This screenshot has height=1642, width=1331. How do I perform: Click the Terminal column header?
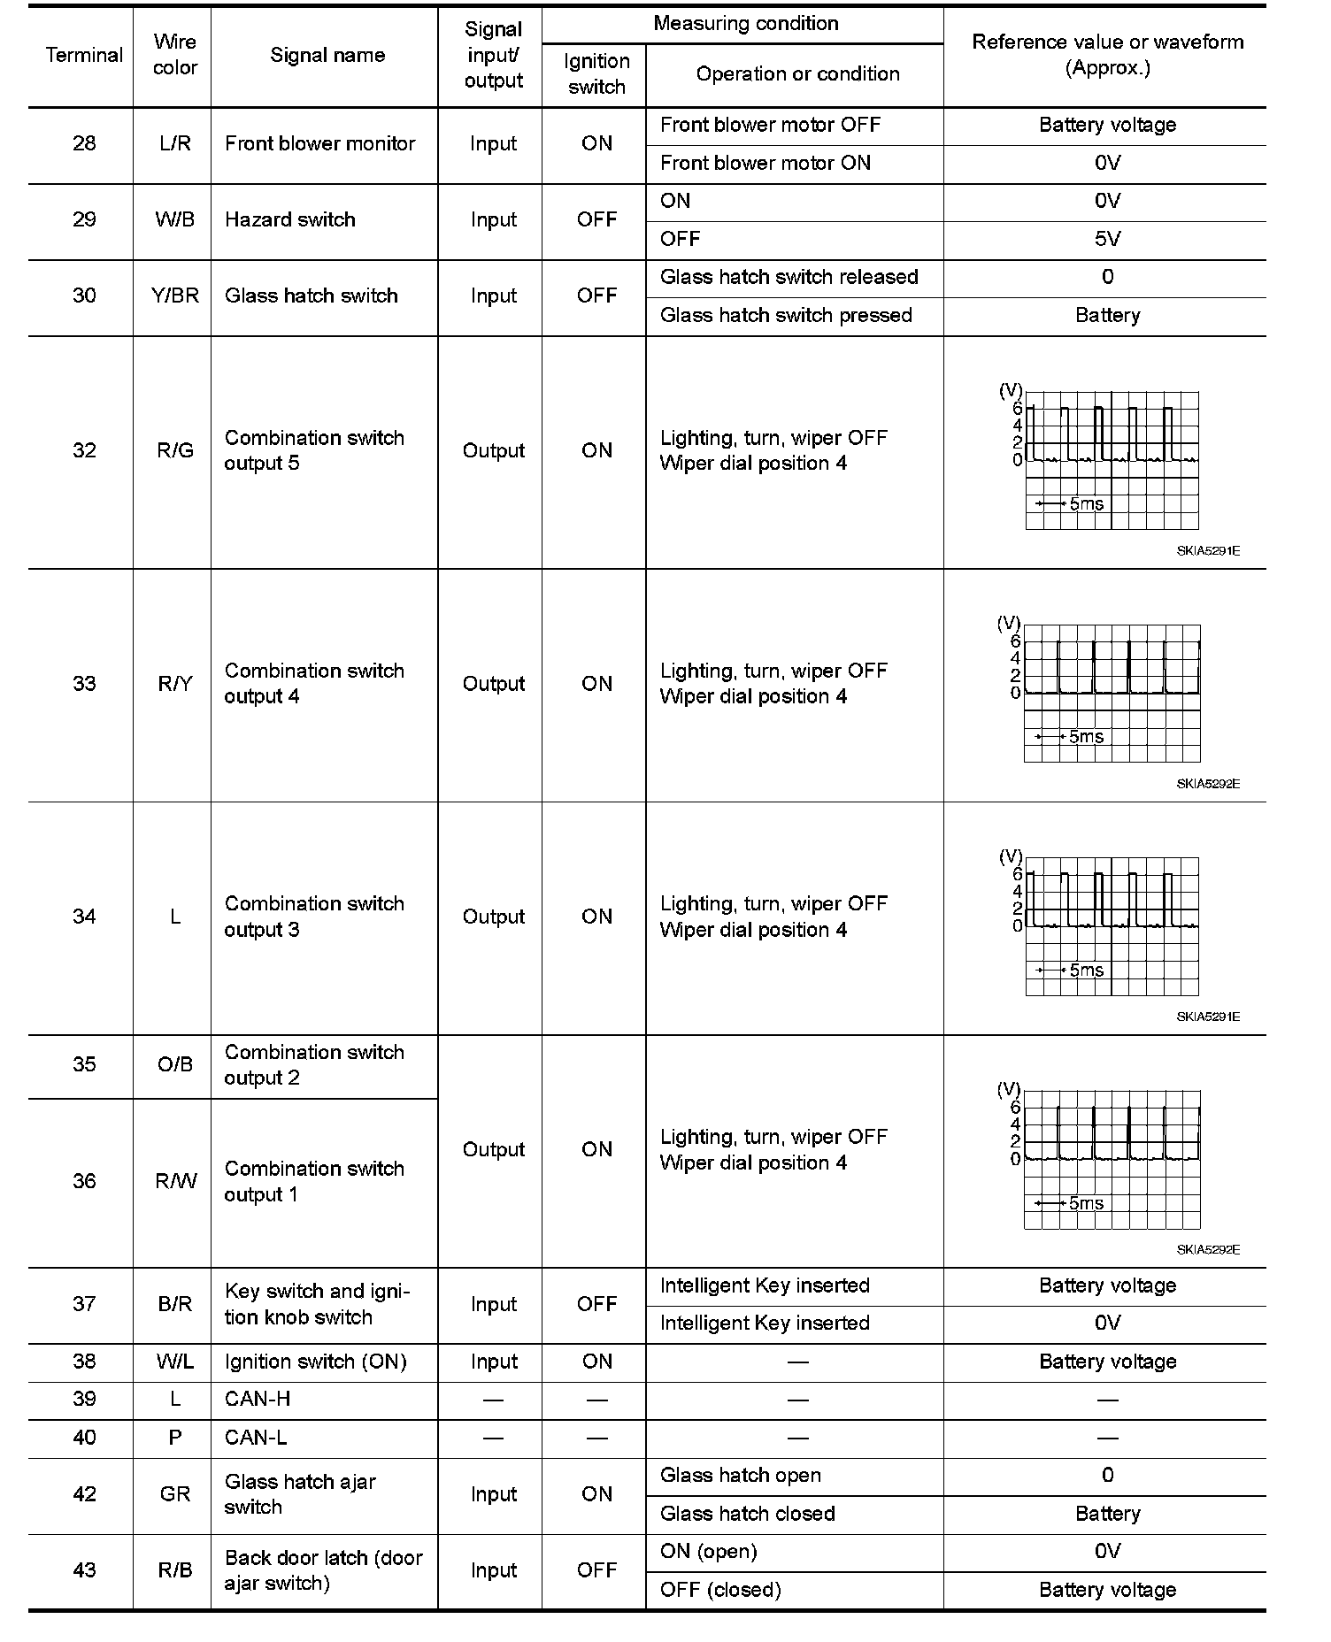(84, 55)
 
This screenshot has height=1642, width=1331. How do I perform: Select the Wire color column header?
(174, 55)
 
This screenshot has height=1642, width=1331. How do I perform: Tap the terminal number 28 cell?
(84, 143)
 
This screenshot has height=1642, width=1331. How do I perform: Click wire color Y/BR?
(174, 295)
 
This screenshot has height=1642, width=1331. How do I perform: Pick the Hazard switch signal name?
(290, 219)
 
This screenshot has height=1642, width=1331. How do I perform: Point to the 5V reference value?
(1107, 239)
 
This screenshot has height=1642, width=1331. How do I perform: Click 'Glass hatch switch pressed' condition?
(786, 315)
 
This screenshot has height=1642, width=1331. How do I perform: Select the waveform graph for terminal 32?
(1111, 460)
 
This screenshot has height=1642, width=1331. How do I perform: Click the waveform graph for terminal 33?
(1111, 693)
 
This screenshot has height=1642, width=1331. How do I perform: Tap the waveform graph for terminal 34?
(1111, 925)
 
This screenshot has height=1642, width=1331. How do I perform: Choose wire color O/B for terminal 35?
(174, 1064)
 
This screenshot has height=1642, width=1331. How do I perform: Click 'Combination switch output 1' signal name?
(314, 1181)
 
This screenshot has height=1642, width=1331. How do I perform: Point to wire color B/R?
(174, 1304)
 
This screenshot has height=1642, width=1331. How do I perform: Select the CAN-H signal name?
(258, 1400)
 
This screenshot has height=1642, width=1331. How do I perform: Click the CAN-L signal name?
(256, 1438)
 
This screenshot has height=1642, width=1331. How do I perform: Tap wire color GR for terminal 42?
(174, 1494)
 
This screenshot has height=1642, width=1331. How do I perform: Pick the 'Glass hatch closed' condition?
(748, 1514)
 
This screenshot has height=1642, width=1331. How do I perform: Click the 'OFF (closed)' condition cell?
(720, 1590)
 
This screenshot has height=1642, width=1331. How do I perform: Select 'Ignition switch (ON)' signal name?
(316, 1362)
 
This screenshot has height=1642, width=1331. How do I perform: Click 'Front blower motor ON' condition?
(766, 163)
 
